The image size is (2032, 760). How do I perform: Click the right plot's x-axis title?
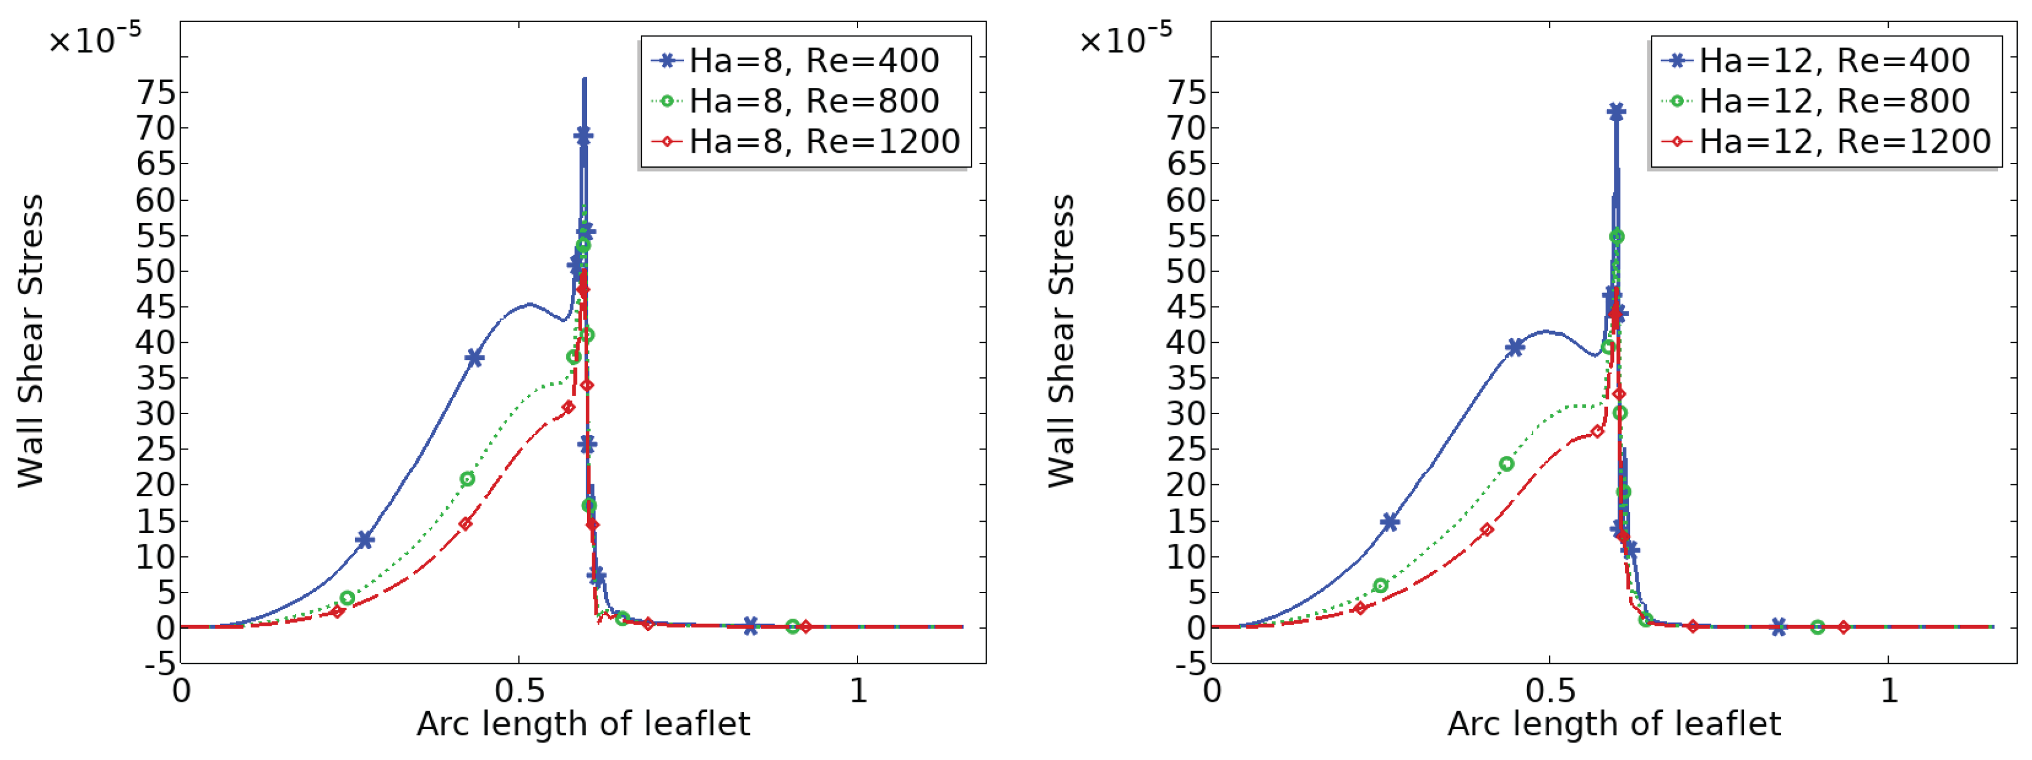pos(1614,724)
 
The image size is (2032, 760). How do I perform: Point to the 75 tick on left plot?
pos(155,92)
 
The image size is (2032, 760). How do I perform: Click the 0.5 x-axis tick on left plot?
pos(519,692)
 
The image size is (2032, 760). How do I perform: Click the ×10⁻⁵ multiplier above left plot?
pos(94,39)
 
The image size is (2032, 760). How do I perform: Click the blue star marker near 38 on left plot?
pos(474,358)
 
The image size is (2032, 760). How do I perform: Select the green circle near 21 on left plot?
pos(467,478)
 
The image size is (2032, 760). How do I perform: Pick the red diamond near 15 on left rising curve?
pos(466,524)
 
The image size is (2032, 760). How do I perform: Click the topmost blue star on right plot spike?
pos(1616,111)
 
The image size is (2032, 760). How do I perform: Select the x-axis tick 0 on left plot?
pos(181,692)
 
